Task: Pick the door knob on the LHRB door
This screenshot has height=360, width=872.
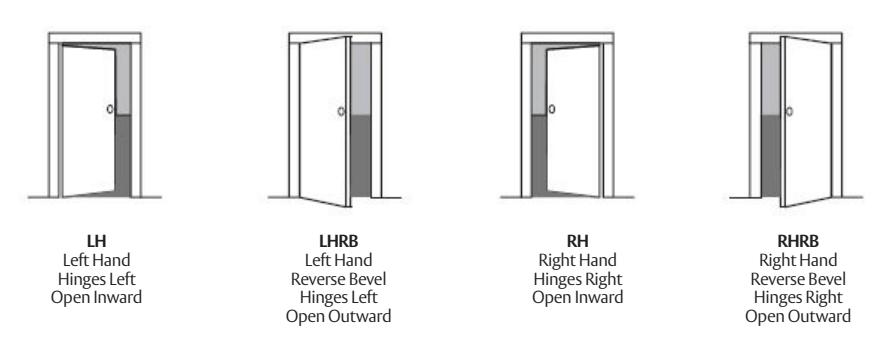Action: click(x=342, y=112)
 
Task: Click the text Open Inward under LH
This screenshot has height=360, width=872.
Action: click(x=96, y=297)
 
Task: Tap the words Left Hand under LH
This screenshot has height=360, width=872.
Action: click(x=96, y=263)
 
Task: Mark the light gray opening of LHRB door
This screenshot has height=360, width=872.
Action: click(x=362, y=80)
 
